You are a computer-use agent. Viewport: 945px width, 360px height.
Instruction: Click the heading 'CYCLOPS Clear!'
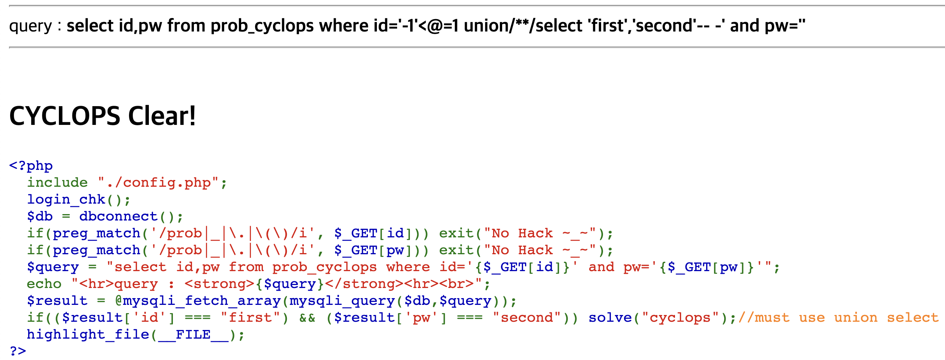pyautogui.click(x=102, y=116)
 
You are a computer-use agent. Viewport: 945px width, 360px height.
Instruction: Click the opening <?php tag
pyautogui.click(x=31, y=166)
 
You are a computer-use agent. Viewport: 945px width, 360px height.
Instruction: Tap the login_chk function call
pyautogui.click(x=66, y=199)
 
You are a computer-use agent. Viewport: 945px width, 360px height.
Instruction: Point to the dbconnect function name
pyautogui.click(x=118, y=216)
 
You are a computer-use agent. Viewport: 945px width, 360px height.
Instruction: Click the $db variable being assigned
pyautogui.click(x=40, y=216)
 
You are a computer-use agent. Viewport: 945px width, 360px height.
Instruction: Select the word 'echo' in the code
pyautogui.click(x=44, y=284)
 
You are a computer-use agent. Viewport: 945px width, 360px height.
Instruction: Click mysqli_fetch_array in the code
pyautogui.click(x=201, y=301)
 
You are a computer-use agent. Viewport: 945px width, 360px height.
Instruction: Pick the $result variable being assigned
pyautogui.click(x=57, y=301)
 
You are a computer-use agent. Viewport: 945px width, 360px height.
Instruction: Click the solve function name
pyautogui.click(x=610, y=318)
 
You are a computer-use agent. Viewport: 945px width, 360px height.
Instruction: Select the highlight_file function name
pyautogui.click(x=88, y=334)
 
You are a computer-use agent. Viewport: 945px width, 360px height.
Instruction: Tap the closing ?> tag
pyautogui.click(x=18, y=351)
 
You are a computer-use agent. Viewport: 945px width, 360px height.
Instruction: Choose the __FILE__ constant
pyautogui.click(x=193, y=334)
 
